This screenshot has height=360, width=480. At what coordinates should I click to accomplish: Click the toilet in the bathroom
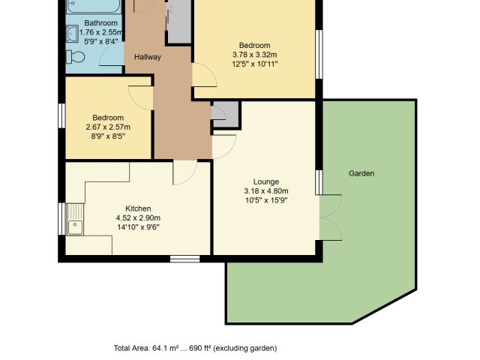pos(75,57)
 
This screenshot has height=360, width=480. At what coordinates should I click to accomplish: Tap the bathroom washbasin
pos(72,33)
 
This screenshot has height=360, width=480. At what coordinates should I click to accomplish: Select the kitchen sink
pos(75,220)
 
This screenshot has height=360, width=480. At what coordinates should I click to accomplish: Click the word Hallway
pos(148,57)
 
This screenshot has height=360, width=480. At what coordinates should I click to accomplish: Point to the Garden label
pos(361,173)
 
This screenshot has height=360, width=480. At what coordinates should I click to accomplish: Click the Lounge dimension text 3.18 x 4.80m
pos(266,191)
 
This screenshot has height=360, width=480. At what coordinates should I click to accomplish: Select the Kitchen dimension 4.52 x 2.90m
pos(138,218)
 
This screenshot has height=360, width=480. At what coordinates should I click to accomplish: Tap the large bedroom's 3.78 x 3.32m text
pos(255,55)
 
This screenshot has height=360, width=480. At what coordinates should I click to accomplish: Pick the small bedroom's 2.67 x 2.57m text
pos(108,127)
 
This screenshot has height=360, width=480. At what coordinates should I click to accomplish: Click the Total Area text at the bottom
pos(195,348)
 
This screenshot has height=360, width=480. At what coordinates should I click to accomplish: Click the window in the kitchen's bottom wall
pos(185,259)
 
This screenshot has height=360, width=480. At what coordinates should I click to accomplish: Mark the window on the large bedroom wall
pos(319,54)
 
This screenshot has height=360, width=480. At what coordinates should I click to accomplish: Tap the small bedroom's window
pos(61,115)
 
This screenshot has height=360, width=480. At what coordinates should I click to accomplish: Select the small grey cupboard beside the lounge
pos(226,114)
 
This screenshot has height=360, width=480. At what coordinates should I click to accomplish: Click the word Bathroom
pos(101,23)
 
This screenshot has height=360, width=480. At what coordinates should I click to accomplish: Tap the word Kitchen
pos(138,208)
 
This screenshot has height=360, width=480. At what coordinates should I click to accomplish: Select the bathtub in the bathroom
pos(93,6)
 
